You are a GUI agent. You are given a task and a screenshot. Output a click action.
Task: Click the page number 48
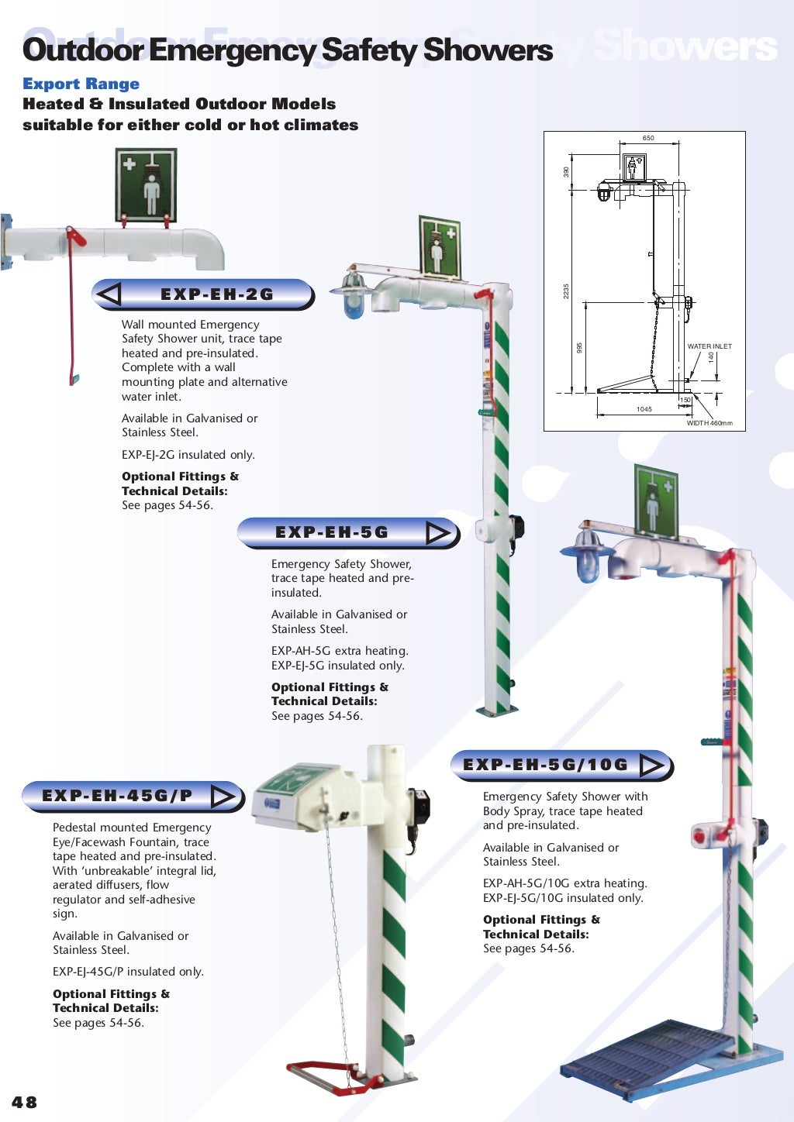[24, 1102]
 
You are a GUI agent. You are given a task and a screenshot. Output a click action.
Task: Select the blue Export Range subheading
[81, 84]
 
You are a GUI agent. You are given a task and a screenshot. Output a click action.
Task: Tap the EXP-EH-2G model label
[216, 294]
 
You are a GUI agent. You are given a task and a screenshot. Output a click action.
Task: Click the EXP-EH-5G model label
[332, 532]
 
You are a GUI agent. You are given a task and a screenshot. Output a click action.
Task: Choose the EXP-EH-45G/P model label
[117, 796]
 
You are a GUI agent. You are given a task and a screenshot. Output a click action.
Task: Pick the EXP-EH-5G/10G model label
[545, 765]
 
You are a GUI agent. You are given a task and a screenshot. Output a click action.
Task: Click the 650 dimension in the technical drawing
[648, 138]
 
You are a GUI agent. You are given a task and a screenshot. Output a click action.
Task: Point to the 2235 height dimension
[566, 291]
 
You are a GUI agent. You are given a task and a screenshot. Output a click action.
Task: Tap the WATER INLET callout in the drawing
[709, 346]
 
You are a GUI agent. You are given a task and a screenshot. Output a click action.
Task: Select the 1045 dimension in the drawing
[644, 409]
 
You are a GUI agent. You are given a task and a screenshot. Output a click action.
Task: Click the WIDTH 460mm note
[709, 423]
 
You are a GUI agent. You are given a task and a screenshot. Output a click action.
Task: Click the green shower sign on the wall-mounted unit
[146, 185]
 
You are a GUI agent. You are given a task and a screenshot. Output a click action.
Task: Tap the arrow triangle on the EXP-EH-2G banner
[110, 294]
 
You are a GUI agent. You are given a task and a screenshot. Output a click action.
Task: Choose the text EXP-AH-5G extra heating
[340, 651]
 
